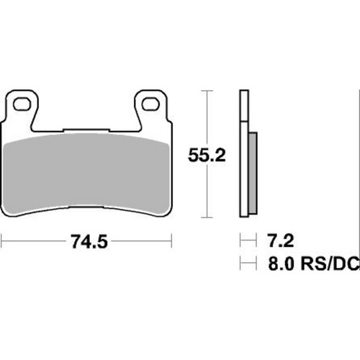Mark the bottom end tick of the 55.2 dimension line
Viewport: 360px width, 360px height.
(x=207, y=217)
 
